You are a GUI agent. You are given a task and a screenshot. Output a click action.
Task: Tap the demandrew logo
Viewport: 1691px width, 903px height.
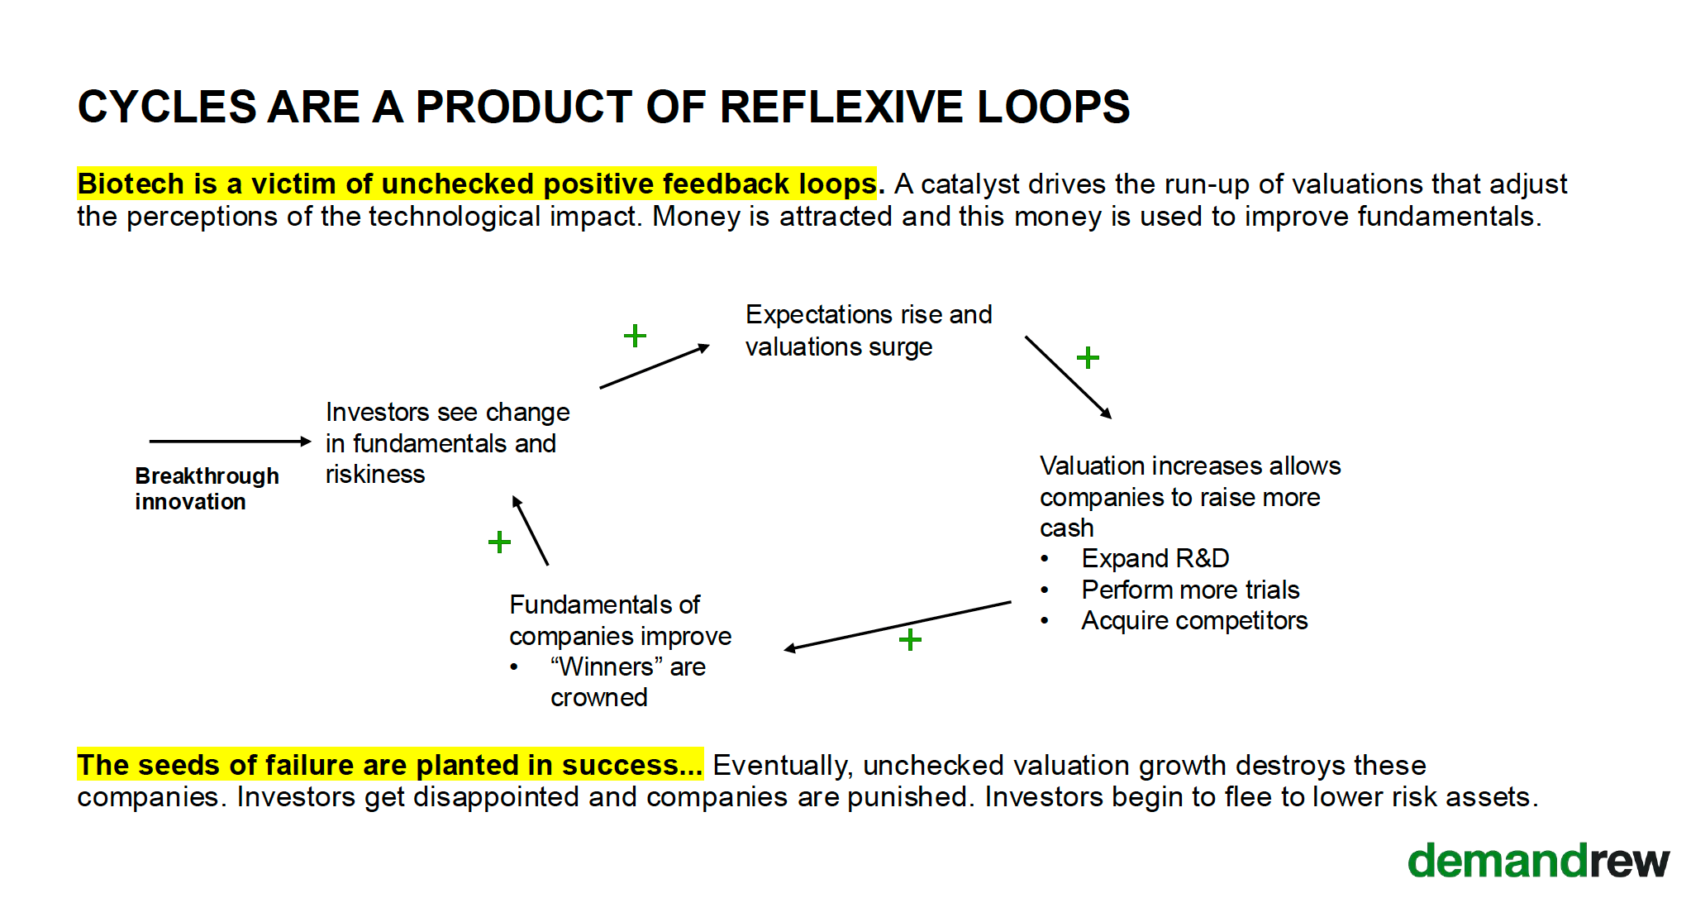pos(1538,862)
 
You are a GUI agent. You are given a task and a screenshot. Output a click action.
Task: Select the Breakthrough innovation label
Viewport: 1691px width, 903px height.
pos(207,489)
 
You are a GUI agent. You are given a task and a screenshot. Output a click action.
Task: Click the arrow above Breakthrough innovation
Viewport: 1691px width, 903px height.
pos(230,442)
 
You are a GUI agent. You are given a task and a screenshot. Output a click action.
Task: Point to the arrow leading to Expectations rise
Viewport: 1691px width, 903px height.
pos(654,366)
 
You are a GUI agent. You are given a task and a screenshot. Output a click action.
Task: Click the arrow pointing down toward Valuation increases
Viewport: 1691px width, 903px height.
pos(1068,377)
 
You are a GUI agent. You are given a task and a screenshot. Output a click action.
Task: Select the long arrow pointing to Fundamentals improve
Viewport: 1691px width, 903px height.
pos(898,626)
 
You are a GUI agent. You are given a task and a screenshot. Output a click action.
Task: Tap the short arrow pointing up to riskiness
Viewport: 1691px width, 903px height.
pos(531,530)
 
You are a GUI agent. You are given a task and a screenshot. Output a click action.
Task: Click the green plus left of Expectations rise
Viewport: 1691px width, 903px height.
pos(635,336)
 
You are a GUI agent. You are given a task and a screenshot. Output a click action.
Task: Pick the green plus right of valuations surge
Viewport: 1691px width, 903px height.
pos(1088,358)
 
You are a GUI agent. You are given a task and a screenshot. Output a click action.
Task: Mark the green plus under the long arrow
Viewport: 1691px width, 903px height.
pos(910,639)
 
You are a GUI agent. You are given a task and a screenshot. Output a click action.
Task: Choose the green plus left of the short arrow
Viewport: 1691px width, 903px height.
pos(499,542)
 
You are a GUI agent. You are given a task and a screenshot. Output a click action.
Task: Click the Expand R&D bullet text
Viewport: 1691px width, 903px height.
pos(1155,559)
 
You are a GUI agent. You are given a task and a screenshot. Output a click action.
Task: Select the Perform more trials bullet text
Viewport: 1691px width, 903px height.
pos(1190,590)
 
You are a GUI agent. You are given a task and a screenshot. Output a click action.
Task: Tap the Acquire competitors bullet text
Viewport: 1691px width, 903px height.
pos(1194,621)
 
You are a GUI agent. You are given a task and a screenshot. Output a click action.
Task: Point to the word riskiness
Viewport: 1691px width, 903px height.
pos(375,475)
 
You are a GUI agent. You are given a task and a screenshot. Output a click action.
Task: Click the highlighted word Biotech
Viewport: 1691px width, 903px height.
pos(131,184)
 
